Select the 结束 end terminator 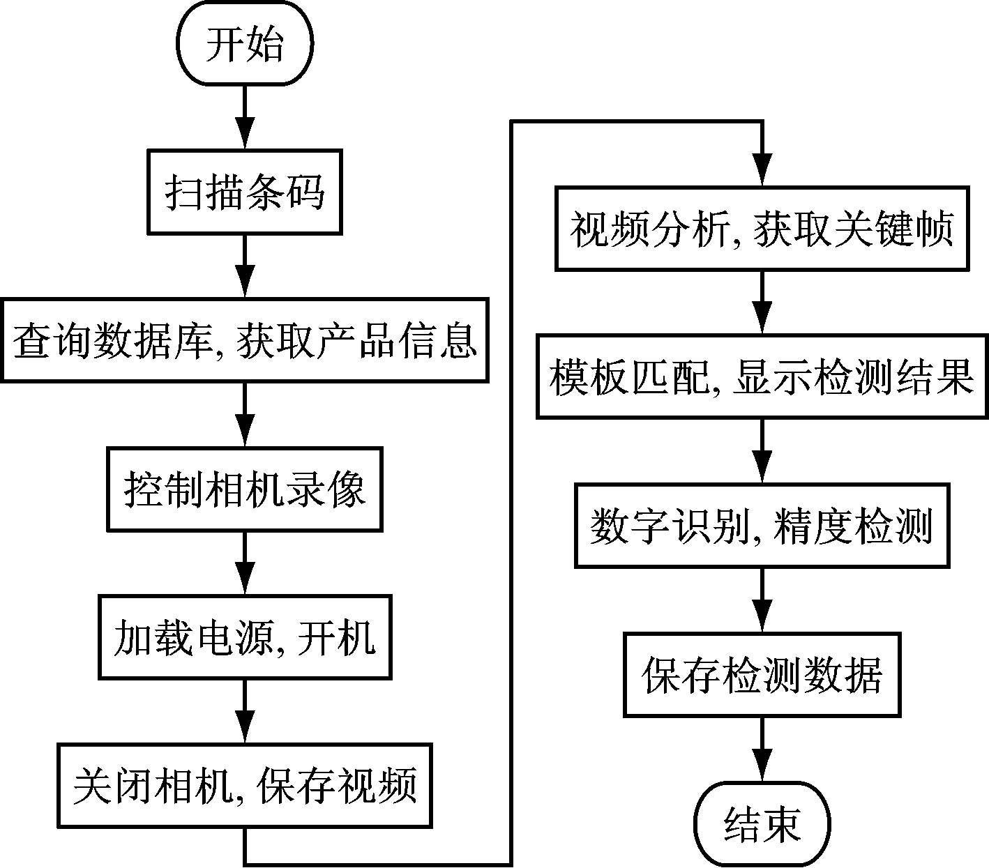[x=761, y=824]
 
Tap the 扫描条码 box [x=244, y=191]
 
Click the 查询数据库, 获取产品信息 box [x=244, y=340]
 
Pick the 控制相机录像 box [x=244, y=489]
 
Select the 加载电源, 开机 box [x=244, y=637]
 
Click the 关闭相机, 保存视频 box [x=244, y=786]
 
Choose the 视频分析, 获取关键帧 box [x=762, y=228]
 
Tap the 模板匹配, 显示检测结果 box [x=762, y=376]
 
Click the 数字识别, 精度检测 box [x=762, y=526]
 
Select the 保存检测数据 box [x=762, y=674]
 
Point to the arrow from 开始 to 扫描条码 [x=244, y=117]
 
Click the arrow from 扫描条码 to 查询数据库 [x=244, y=266]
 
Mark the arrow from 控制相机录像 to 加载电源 [x=244, y=563]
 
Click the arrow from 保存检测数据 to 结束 [x=762, y=749]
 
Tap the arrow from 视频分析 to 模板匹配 [x=762, y=303]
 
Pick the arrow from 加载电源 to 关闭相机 [x=244, y=711]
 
